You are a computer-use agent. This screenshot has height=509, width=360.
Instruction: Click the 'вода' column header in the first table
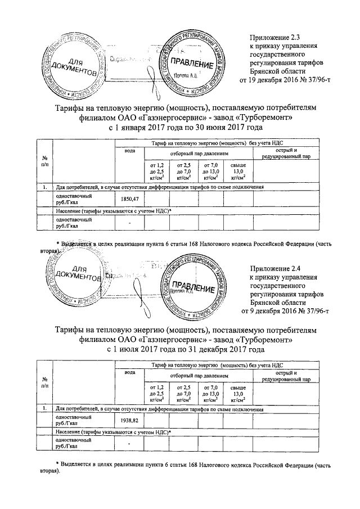tap(129, 151)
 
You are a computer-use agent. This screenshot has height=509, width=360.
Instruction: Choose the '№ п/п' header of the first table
tap(44, 161)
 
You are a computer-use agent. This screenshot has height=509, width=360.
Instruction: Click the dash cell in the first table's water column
tap(129, 223)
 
